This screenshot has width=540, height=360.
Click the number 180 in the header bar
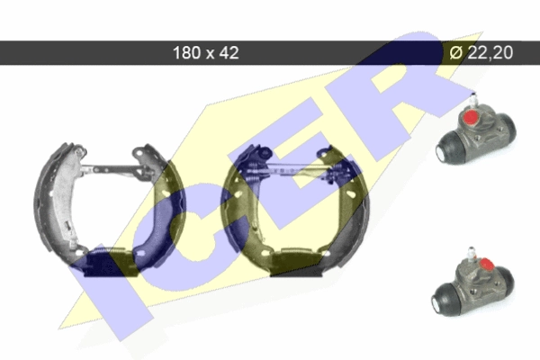click(x=186, y=53)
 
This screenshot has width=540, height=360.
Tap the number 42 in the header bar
click(x=229, y=53)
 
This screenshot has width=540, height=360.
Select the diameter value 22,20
click(x=490, y=52)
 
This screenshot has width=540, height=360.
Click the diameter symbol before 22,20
click(x=456, y=52)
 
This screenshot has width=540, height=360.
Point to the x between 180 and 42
click(x=210, y=54)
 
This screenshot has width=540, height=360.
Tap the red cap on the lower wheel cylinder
click(x=486, y=264)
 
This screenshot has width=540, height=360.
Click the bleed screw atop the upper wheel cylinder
click(x=472, y=100)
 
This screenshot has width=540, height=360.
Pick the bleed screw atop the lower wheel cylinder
click(x=471, y=253)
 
